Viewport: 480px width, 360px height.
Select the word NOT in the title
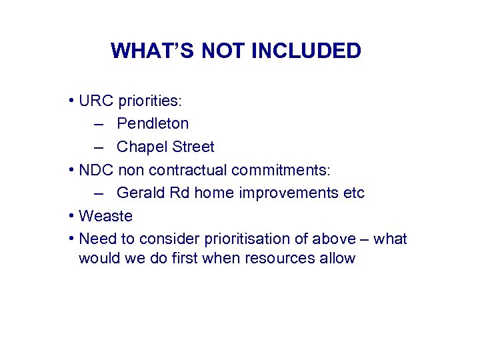click(x=221, y=51)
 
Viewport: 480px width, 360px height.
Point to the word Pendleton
click(x=153, y=123)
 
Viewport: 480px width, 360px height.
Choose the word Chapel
click(x=140, y=147)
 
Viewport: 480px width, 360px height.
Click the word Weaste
click(x=105, y=216)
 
